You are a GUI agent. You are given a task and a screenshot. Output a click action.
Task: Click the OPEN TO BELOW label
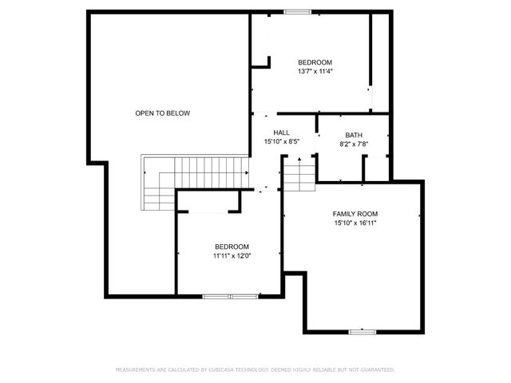[162, 113]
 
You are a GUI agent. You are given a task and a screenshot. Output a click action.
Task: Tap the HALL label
[281, 133]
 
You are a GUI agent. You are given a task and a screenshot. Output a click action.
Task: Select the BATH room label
[354, 135]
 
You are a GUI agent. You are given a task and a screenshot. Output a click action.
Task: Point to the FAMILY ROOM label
[355, 214]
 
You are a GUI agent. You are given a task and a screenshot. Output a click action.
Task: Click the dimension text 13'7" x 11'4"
[315, 71]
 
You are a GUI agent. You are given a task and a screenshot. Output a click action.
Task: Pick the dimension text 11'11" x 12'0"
[232, 256]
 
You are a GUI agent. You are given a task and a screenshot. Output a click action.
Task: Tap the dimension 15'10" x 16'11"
[355, 223]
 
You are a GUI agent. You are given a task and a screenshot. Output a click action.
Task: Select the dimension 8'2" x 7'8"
[354, 144]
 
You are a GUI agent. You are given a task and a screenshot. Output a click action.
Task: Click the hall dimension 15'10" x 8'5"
[281, 142]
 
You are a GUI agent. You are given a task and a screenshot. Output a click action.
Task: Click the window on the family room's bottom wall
[362, 331]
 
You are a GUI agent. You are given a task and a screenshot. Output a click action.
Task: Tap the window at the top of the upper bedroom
[298, 11]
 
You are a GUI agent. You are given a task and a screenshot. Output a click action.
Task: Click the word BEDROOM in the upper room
[315, 62]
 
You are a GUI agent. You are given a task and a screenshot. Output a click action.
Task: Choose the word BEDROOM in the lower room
[232, 247]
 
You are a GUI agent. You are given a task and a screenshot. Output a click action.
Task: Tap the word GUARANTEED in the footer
[375, 370]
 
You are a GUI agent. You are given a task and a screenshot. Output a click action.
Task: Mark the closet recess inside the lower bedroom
[208, 203]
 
